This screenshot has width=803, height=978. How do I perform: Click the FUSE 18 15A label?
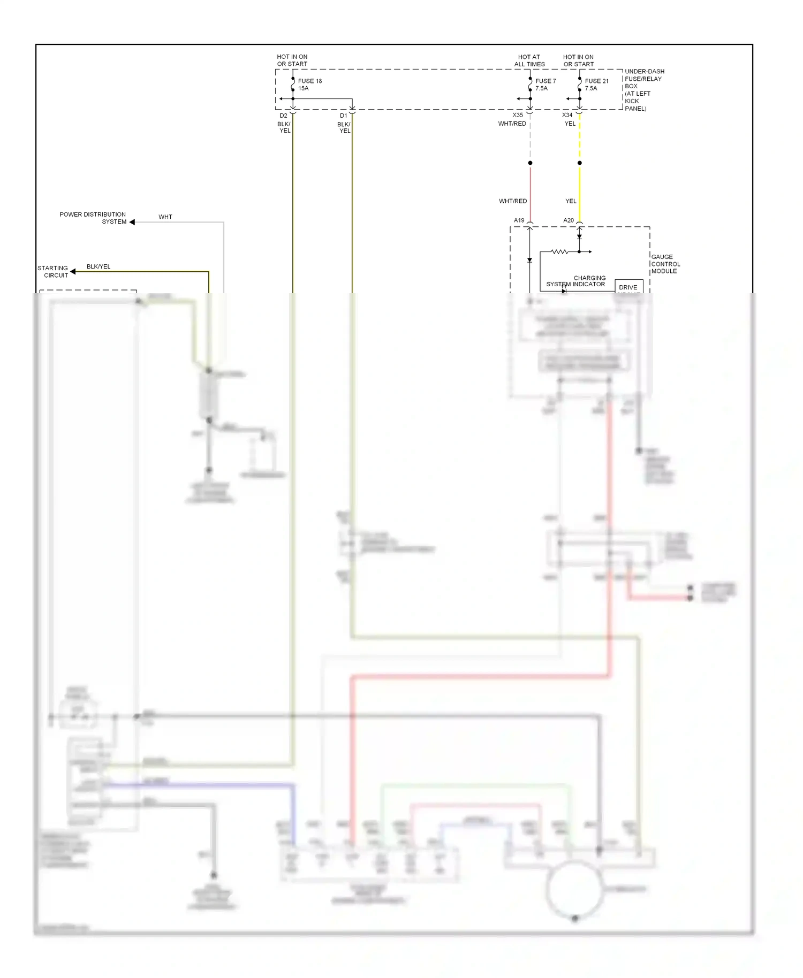coord(309,85)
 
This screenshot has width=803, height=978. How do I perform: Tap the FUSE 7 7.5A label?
coord(545,85)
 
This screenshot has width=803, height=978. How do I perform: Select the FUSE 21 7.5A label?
coord(596,85)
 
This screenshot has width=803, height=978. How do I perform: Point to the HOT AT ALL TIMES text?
coord(529,60)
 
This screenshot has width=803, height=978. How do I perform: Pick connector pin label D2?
coord(283,116)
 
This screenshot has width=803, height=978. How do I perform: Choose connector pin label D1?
coord(343,116)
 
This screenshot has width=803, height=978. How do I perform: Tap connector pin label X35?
coord(517,115)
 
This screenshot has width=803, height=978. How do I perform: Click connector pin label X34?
coord(567,115)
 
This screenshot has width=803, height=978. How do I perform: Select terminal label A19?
coord(519,220)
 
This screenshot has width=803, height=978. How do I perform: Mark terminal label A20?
coord(568,220)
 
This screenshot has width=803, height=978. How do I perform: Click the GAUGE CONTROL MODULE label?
coord(665,264)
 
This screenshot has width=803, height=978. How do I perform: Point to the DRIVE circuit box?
coord(628,287)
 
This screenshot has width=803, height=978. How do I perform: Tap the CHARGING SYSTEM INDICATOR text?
coord(577,281)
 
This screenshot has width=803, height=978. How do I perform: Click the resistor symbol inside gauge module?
coord(559,251)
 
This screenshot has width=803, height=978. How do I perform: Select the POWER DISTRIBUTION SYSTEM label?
coord(93,218)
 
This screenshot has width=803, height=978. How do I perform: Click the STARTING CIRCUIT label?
coord(53,272)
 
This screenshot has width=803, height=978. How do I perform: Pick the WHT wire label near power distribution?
coord(165,217)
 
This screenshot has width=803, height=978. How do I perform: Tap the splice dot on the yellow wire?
coord(579,163)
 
